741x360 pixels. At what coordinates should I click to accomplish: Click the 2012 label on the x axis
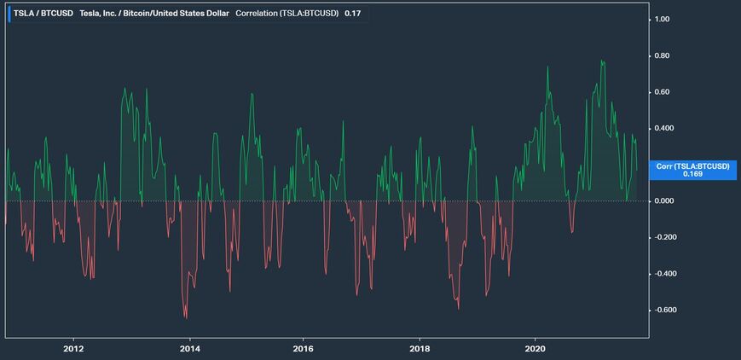pyautogui.click(x=73, y=348)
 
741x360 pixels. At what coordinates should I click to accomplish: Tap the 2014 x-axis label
pyautogui.click(x=189, y=348)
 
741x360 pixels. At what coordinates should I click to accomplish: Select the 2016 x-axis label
pyautogui.click(x=304, y=348)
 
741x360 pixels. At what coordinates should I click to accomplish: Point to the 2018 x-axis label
pyautogui.click(x=419, y=348)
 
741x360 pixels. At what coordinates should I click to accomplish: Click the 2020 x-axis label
pyautogui.click(x=535, y=348)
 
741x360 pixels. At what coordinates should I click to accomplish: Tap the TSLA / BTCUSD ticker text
pyautogui.click(x=36, y=14)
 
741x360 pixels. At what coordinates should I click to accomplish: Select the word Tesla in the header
pyautogui.click(x=79, y=14)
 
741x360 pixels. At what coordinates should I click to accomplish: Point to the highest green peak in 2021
pyautogui.click(x=602, y=61)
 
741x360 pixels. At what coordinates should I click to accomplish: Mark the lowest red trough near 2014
pyautogui.click(x=186, y=318)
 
